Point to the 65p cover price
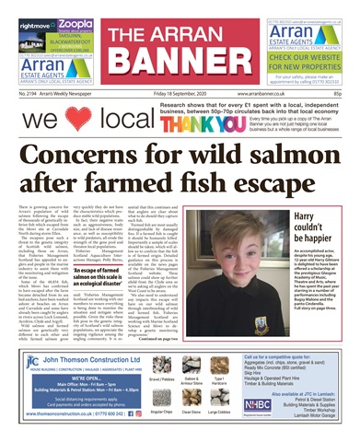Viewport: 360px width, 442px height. [x=338, y=93]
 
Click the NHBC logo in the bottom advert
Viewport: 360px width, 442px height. [x=259, y=404]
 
